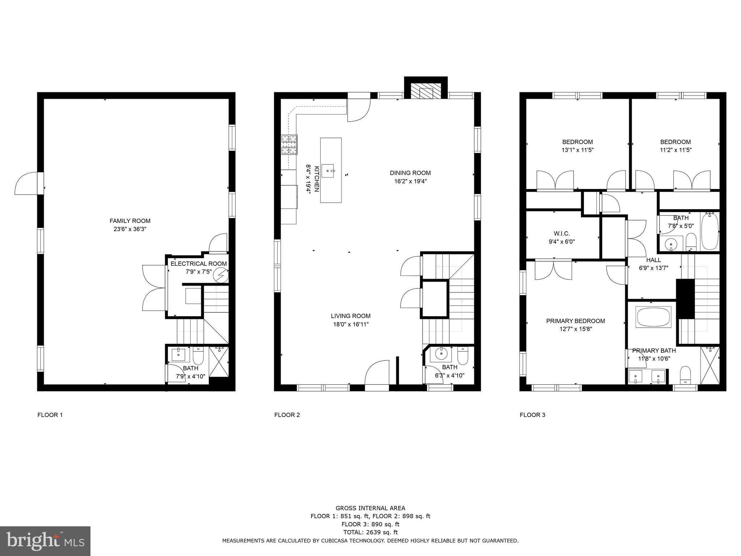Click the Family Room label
tap(130, 221)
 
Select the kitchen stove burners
tap(289, 144)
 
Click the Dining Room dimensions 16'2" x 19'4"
tap(410, 181)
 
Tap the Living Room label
tap(351, 316)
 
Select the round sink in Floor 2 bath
tap(441, 353)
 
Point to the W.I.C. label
tap(562, 234)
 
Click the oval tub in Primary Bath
tap(653, 317)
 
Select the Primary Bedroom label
tap(575, 321)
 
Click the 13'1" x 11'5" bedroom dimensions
tap(577, 150)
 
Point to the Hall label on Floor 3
tap(653, 260)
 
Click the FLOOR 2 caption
tap(287, 415)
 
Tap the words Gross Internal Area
tap(370, 508)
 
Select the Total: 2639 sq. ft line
tap(370, 532)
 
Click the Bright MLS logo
tap(45, 541)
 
